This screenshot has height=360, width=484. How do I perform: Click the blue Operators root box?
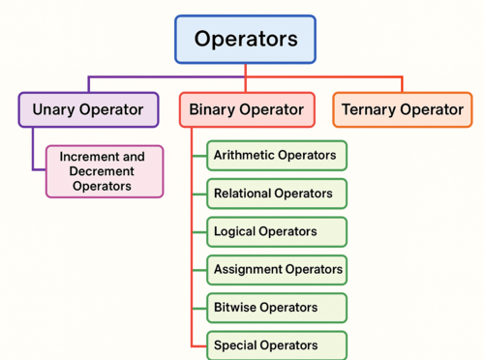pos(245,40)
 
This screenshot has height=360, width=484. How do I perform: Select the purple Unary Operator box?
pos(88,109)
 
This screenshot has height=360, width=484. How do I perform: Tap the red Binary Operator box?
pos(246,109)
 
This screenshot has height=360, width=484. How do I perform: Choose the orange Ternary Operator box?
pos(402,109)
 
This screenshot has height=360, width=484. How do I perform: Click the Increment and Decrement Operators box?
pos(105,171)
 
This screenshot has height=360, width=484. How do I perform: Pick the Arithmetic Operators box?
pos(276,156)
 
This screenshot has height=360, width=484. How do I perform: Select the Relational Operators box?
pos(276,194)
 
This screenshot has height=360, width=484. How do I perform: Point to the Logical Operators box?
pos(276,231)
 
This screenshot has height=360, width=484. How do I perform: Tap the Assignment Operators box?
pos(276,269)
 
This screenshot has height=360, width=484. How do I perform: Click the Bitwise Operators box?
pos(276,307)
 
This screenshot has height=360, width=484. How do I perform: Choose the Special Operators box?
pos(276,345)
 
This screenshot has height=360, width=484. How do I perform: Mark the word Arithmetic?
pos(243,156)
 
